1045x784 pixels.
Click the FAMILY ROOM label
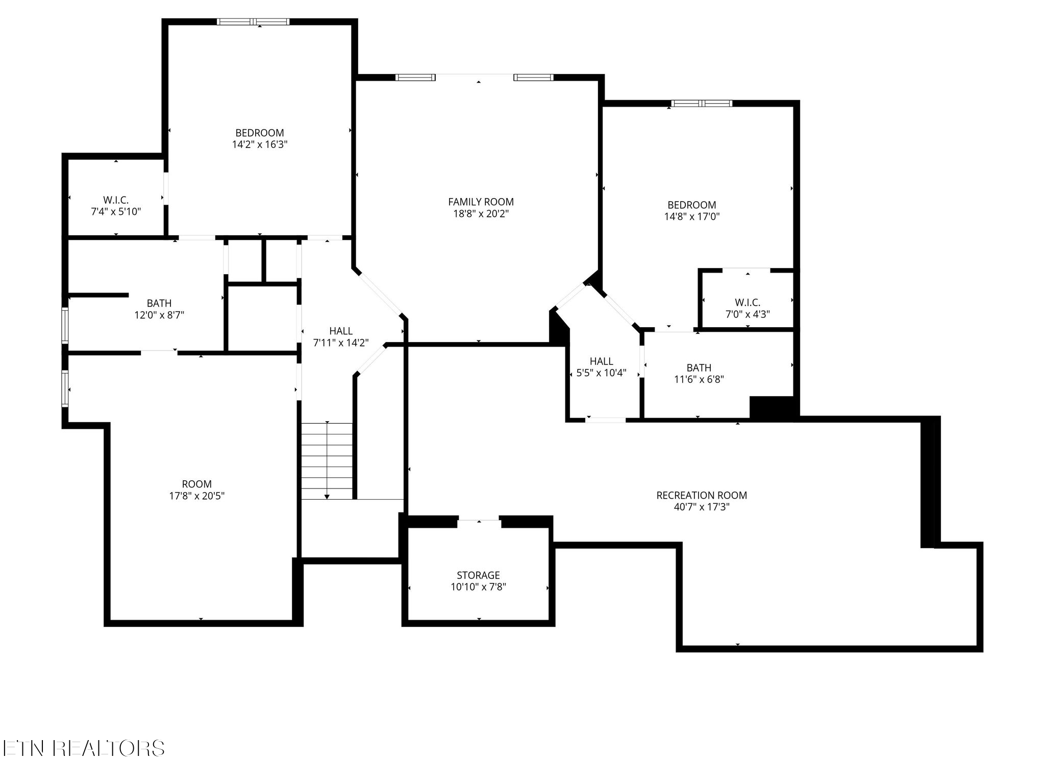tap(481, 202)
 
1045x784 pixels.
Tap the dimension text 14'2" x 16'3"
tap(260, 144)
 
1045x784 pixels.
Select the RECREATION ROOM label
tap(702, 495)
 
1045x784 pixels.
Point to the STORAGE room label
tap(478, 575)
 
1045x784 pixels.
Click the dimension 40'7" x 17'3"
tap(702, 507)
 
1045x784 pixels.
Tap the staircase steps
tap(327, 459)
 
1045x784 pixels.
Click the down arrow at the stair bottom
tap(327, 496)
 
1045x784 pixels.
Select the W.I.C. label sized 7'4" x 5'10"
tap(116, 200)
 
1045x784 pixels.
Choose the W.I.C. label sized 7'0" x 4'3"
tap(748, 303)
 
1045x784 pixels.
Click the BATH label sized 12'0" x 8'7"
tap(159, 304)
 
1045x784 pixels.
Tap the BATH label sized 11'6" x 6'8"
tap(699, 367)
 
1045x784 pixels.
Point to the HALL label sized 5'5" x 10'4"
tap(601, 361)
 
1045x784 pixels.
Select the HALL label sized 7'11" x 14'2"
tap(341, 331)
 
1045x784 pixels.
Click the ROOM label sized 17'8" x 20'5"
tap(197, 484)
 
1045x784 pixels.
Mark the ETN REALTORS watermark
tap(83, 748)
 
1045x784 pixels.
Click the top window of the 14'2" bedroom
tap(253, 22)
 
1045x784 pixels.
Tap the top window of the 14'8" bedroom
tap(702, 104)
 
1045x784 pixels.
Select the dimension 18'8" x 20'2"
tap(481, 214)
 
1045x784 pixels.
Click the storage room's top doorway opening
tap(479, 521)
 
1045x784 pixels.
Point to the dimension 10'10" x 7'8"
tap(478, 587)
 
